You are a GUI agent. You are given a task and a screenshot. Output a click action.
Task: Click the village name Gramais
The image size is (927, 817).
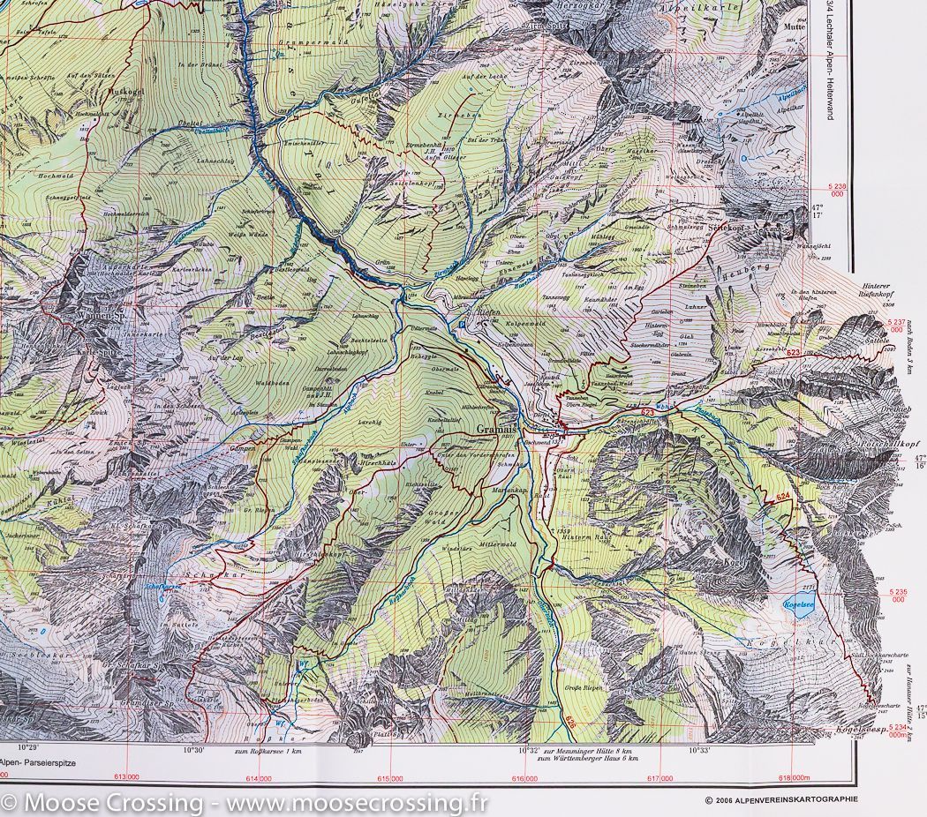pos(494,428)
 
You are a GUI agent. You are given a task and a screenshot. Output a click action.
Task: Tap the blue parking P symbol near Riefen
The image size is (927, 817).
pos(461,325)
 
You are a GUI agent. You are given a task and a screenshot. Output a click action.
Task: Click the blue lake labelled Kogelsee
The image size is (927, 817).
pos(797,605)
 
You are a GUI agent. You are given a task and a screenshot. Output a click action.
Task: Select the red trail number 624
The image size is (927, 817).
pos(781,499)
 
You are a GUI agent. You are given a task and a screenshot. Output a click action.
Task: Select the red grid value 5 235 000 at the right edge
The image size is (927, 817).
pos(899,595)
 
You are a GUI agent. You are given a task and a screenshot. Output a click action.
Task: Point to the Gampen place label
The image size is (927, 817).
pos(244,447)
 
